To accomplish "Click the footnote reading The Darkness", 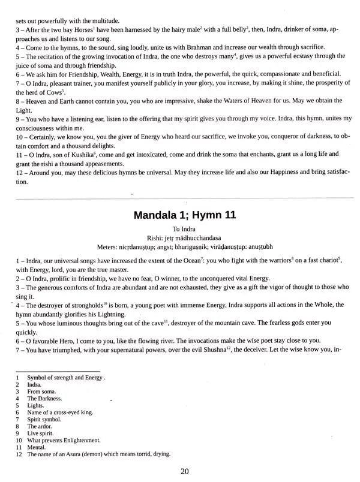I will (x=47, y=399).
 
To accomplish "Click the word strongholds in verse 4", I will (x=87, y=305).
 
